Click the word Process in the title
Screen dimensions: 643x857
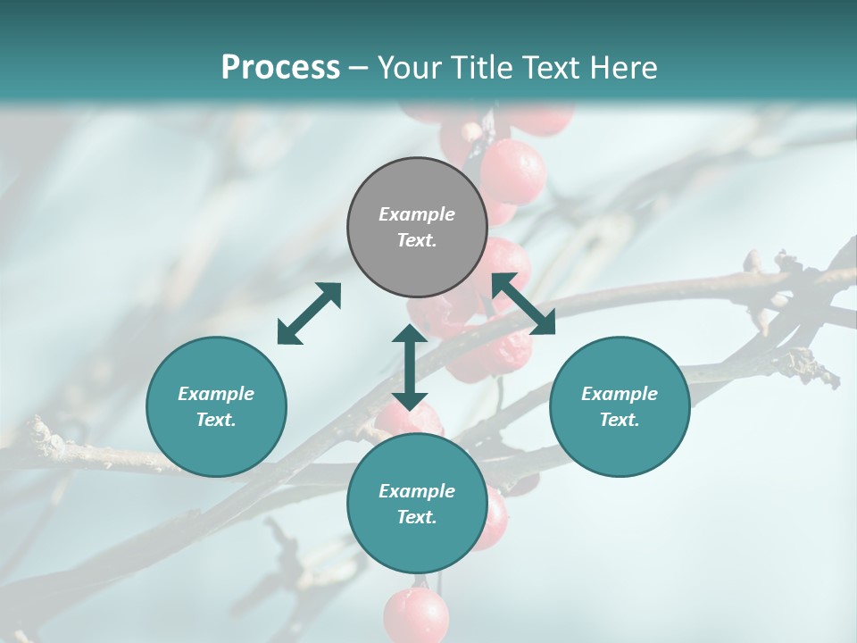280,68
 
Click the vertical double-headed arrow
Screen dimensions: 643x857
410,367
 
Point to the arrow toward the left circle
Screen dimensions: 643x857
309,313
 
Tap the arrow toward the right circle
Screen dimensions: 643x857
523,304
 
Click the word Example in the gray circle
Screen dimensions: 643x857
417,214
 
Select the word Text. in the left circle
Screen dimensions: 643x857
216,420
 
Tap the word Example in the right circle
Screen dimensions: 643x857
620,394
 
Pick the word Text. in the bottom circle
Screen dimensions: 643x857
417,517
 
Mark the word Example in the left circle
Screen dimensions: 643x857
216,394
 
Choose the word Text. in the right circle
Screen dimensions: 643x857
620,420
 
